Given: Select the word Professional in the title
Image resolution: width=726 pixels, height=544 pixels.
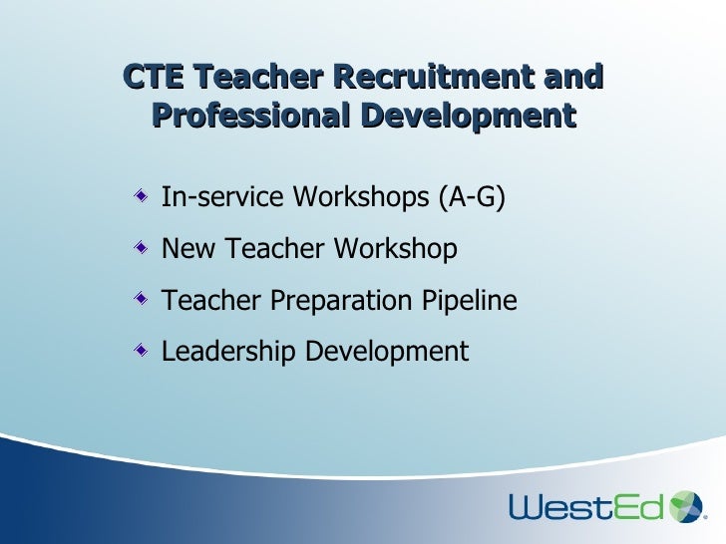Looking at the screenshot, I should (249, 116).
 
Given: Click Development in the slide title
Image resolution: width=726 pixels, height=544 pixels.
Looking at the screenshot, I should (468, 116).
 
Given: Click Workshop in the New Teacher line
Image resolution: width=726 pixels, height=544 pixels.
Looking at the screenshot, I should (397, 248).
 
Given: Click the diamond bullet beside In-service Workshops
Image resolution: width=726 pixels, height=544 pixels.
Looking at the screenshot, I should (145, 195).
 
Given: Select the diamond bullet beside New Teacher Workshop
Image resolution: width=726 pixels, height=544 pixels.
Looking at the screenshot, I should (145, 246).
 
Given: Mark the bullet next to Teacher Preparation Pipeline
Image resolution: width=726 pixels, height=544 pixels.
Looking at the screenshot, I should (145, 298).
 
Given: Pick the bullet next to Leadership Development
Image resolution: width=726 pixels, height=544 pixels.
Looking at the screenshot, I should (145, 349).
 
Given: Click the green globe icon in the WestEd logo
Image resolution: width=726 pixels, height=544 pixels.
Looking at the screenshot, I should (685, 506).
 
